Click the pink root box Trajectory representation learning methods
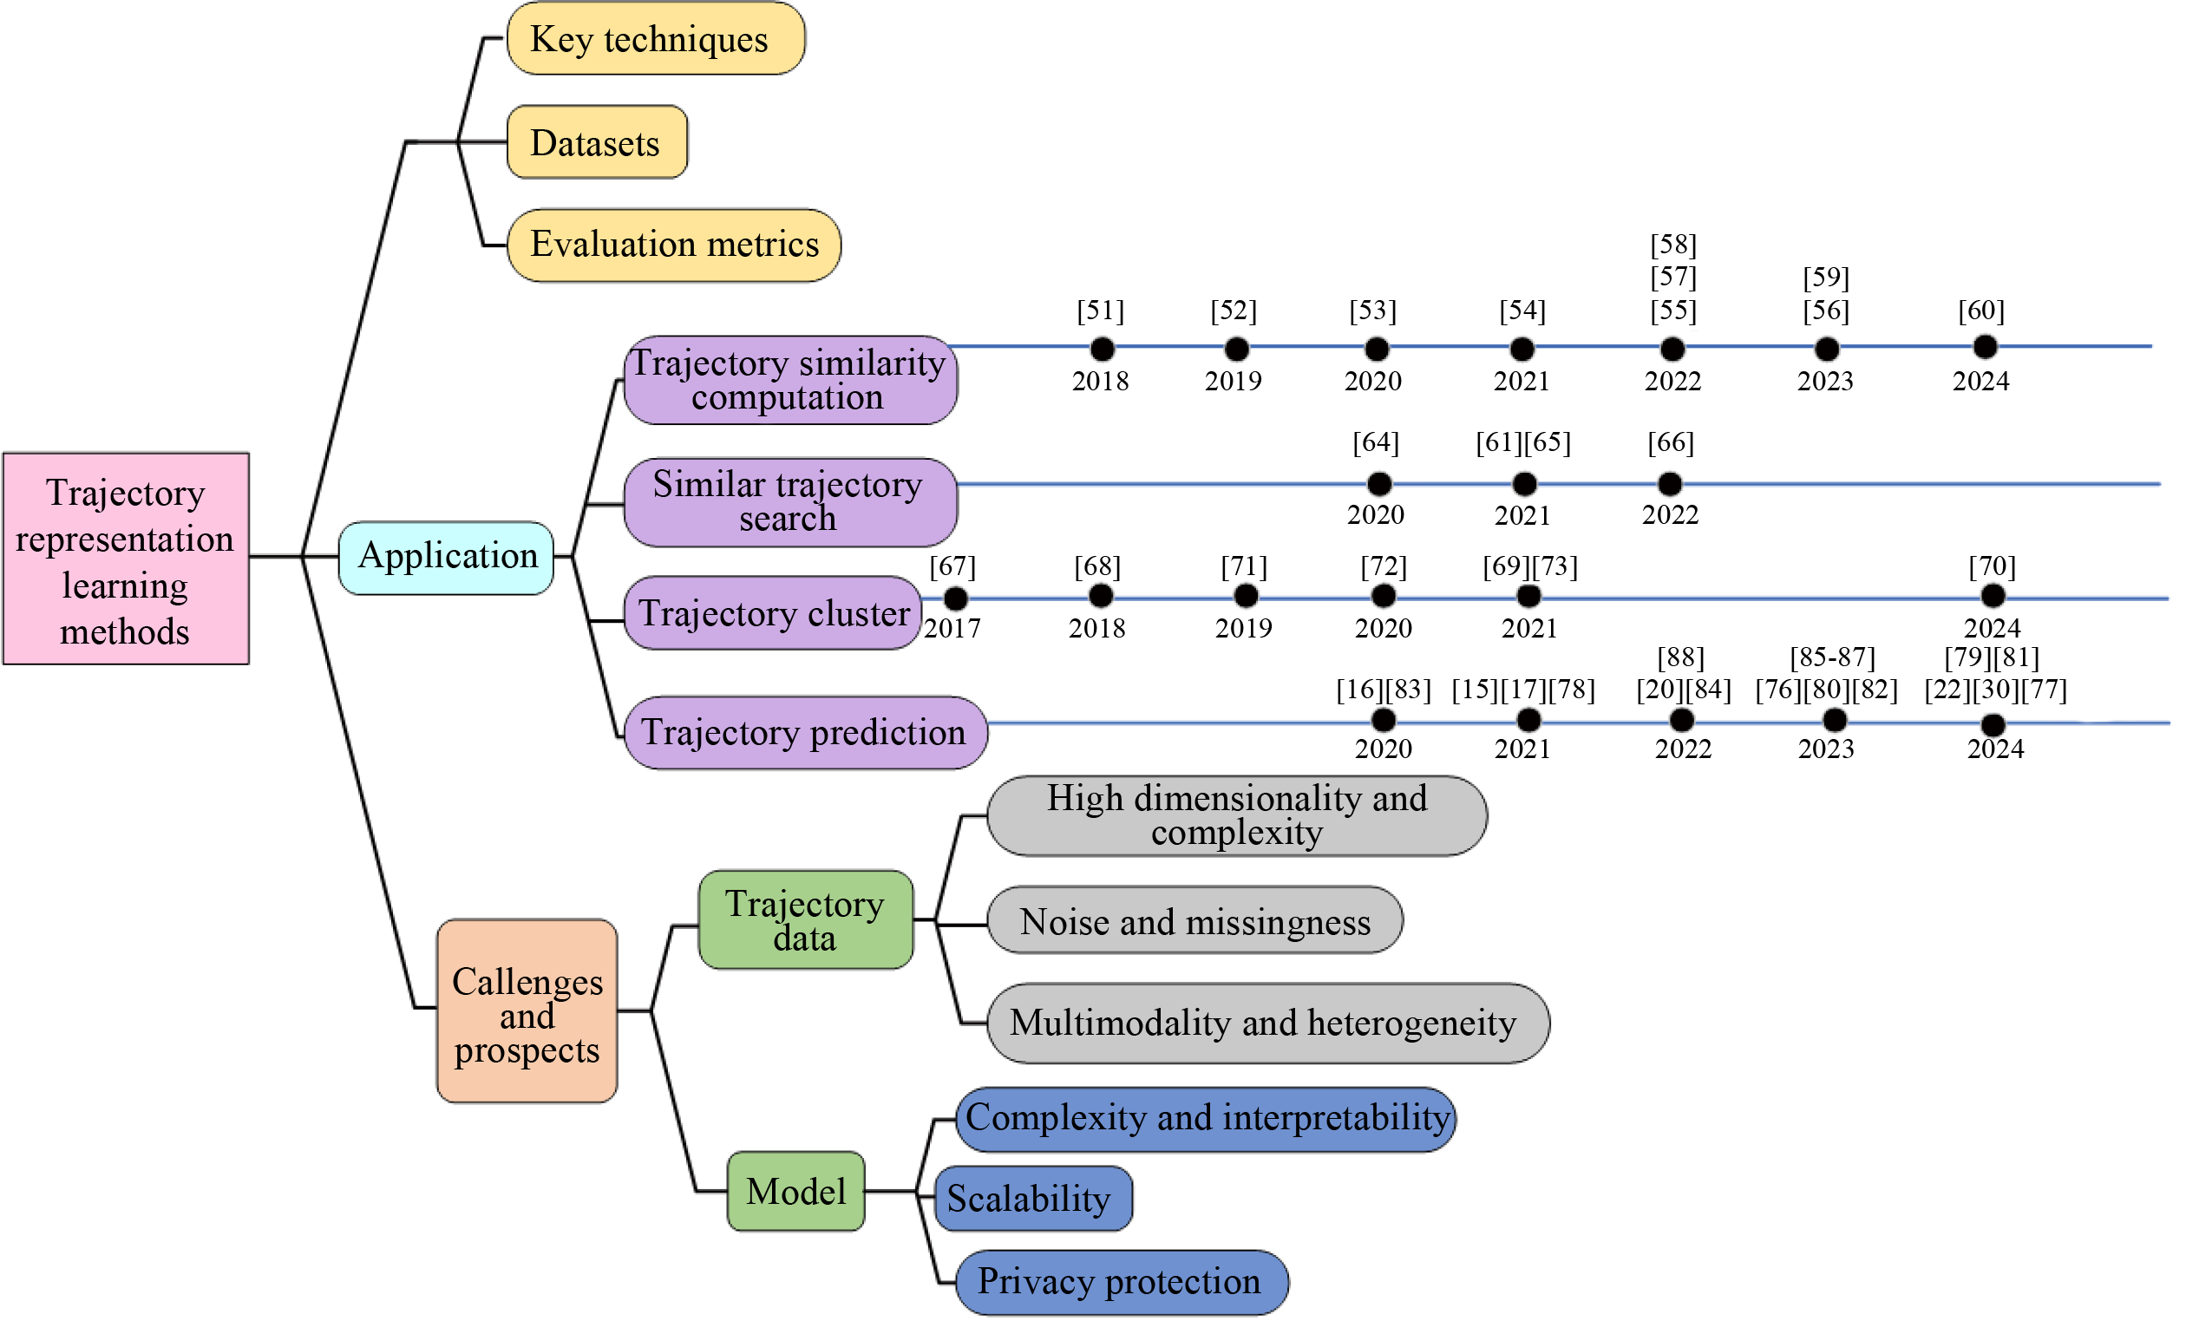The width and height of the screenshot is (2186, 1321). tap(126, 559)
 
